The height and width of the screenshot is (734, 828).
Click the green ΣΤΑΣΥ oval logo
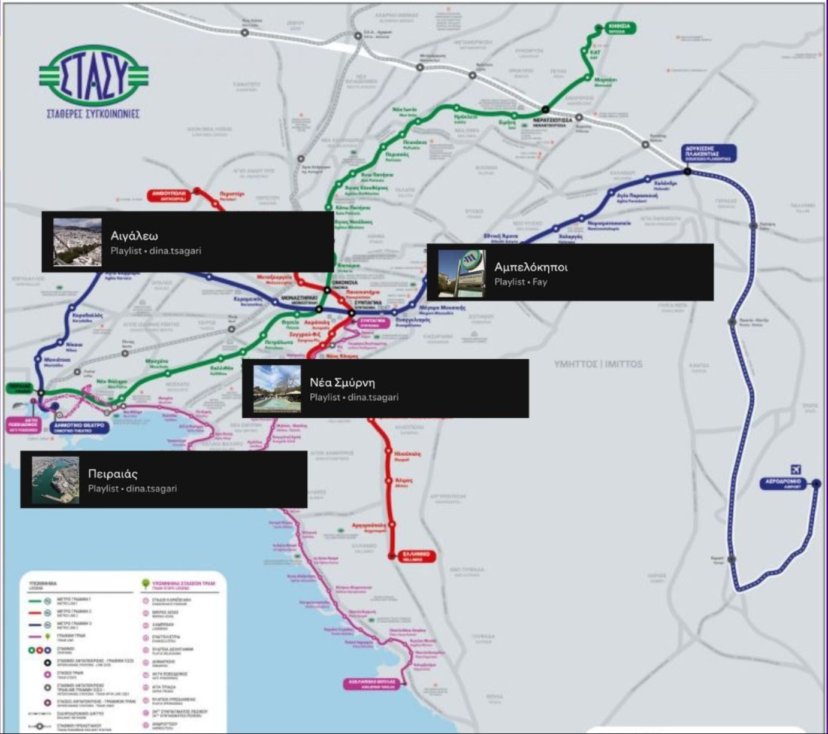point(93,76)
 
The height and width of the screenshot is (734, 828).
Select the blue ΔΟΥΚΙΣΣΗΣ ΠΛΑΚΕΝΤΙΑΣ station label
point(709,153)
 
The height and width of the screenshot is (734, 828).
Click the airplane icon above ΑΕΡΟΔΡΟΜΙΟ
point(796,469)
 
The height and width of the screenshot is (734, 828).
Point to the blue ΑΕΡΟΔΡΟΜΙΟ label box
point(784,483)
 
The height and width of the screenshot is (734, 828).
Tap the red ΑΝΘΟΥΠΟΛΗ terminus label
point(169,195)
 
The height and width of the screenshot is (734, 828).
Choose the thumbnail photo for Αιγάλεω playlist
point(77,242)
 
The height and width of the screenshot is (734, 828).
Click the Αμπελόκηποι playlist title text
point(530,267)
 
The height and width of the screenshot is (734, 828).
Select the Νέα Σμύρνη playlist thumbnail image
point(277,389)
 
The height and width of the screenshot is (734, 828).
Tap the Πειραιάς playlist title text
point(113,474)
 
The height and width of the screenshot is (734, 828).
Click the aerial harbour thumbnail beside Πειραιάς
point(55,480)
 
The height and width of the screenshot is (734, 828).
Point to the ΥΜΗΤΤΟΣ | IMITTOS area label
point(598,364)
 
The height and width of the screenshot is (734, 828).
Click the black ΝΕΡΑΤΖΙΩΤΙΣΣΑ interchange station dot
point(545,110)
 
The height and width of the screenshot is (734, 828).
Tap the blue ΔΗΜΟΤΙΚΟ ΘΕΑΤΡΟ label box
point(79,427)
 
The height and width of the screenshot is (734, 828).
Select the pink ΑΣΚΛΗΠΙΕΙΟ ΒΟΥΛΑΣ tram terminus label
point(371,684)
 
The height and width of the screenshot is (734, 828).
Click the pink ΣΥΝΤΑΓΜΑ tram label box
point(373,322)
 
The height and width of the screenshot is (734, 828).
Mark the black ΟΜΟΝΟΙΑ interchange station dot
point(327,290)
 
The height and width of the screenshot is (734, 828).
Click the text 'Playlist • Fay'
point(520,282)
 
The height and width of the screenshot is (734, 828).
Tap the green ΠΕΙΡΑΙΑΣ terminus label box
point(19,388)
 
